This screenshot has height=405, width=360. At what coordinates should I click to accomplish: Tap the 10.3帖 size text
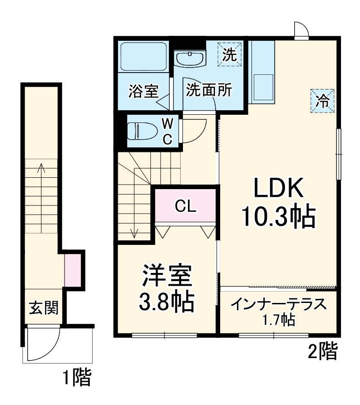click(x=278, y=217)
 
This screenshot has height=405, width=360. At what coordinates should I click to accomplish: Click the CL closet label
click(x=186, y=207)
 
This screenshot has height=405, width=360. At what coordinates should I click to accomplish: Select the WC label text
click(x=168, y=131)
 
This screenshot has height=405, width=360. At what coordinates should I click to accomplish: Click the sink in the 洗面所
click(x=190, y=59)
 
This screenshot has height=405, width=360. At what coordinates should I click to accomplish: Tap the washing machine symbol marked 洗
click(x=230, y=55)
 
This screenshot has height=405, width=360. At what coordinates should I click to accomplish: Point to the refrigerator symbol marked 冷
click(x=323, y=100)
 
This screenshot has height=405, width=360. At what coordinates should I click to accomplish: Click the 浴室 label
click(x=143, y=91)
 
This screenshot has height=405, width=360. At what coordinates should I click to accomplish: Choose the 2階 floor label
click(x=323, y=351)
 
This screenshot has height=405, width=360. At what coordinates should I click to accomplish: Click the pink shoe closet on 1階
click(x=73, y=270)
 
